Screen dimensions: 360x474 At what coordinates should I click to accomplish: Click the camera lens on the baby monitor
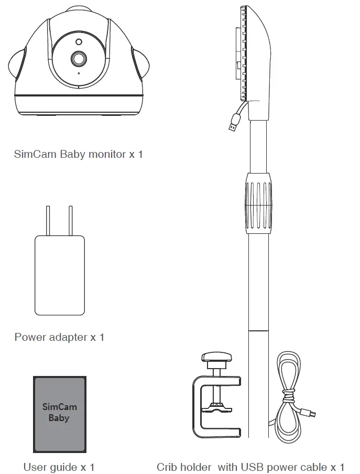pyautogui.click(x=79, y=59)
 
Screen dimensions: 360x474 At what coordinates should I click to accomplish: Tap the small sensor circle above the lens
pyautogui.click(x=79, y=41)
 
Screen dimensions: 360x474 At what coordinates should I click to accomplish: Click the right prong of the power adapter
pyautogui.click(x=70, y=221)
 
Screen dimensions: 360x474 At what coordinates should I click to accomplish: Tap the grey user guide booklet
pyautogui.click(x=59, y=413)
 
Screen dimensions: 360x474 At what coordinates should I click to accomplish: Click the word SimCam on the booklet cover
pyautogui.click(x=59, y=407)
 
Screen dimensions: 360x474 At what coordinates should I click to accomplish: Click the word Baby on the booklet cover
pyautogui.click(x=59, y=418)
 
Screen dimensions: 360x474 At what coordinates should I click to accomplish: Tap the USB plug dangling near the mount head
pyautogui.click(x=234, y=126)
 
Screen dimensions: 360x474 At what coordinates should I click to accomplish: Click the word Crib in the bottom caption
pyautogui.click(x=167, y=467)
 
